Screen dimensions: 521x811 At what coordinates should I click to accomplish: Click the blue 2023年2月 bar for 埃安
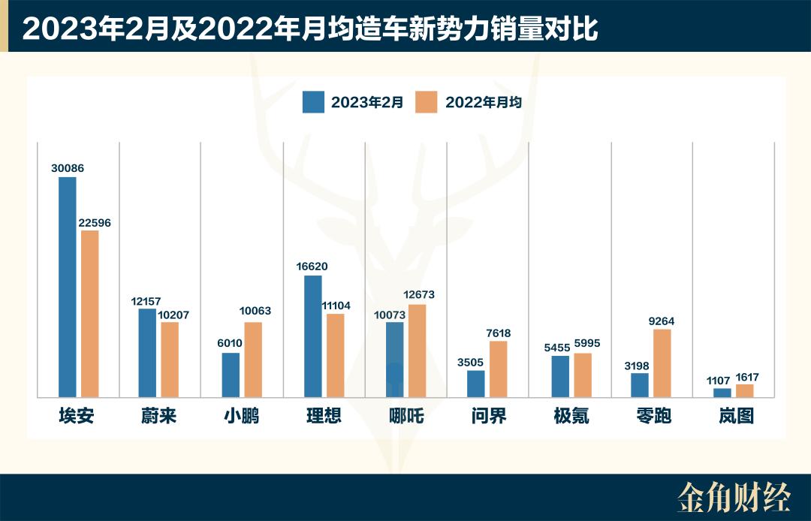pos(68,287)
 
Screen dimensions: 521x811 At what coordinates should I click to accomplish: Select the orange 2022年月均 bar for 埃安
pos(90,314)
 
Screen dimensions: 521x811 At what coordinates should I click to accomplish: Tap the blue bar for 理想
pos(313,336)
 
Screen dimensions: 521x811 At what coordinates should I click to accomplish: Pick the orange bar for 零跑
pos(662,363)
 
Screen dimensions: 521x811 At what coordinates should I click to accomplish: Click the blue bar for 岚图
pos(722,393)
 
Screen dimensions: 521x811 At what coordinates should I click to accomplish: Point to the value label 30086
pos(68,168)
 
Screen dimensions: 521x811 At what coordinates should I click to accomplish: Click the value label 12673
pos(418,295)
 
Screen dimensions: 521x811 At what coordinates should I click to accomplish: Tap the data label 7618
pos(499,332)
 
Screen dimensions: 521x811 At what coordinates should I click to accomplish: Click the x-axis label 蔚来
pos(158,415)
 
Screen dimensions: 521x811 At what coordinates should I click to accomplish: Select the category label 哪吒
pos(406,415)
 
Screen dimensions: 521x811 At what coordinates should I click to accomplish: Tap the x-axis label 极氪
pos(571,415)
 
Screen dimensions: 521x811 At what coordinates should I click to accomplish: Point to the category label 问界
pos(489,415)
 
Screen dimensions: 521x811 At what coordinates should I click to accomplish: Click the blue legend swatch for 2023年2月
pos(313,102)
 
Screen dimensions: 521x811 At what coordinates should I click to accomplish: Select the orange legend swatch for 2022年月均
pos(427,102)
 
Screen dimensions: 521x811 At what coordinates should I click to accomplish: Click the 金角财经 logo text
pos(734,497)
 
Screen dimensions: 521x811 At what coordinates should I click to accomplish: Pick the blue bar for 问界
pos(476,384)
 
